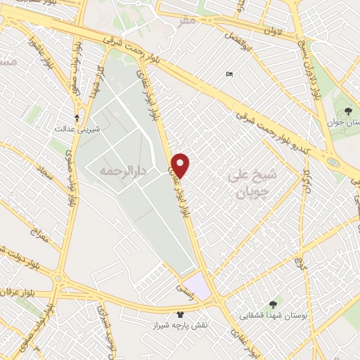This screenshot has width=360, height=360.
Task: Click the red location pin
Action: pyautogui.click(x=181, y=165)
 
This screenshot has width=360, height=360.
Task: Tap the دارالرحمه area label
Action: pyautogui.click(x=106, y=171)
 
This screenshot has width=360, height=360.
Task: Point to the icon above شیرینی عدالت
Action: pyautogui.click(x=77, y=117)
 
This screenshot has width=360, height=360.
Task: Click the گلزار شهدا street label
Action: pyautogui.click(x=101, y=82)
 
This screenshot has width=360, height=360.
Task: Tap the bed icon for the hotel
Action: pyautogui.click(x=229, y=75)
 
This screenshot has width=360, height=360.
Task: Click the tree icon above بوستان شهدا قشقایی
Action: pyautogui.click(x=273, y=304)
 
